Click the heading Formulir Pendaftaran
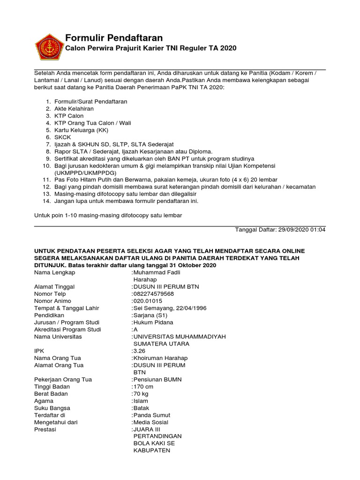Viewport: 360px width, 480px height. click(113, 38)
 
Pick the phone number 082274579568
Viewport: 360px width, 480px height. click(154, 294)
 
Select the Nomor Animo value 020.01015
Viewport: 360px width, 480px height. click(149, 301)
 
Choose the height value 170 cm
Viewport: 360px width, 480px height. click(143, 387)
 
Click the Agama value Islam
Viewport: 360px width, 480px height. click(141, 401)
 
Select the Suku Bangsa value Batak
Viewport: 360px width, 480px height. click(142, 408)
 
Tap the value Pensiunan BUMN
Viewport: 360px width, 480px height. click(157, 379)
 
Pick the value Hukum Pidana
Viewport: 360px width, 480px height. click(153, 322)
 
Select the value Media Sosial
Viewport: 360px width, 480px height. click(151, 422)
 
